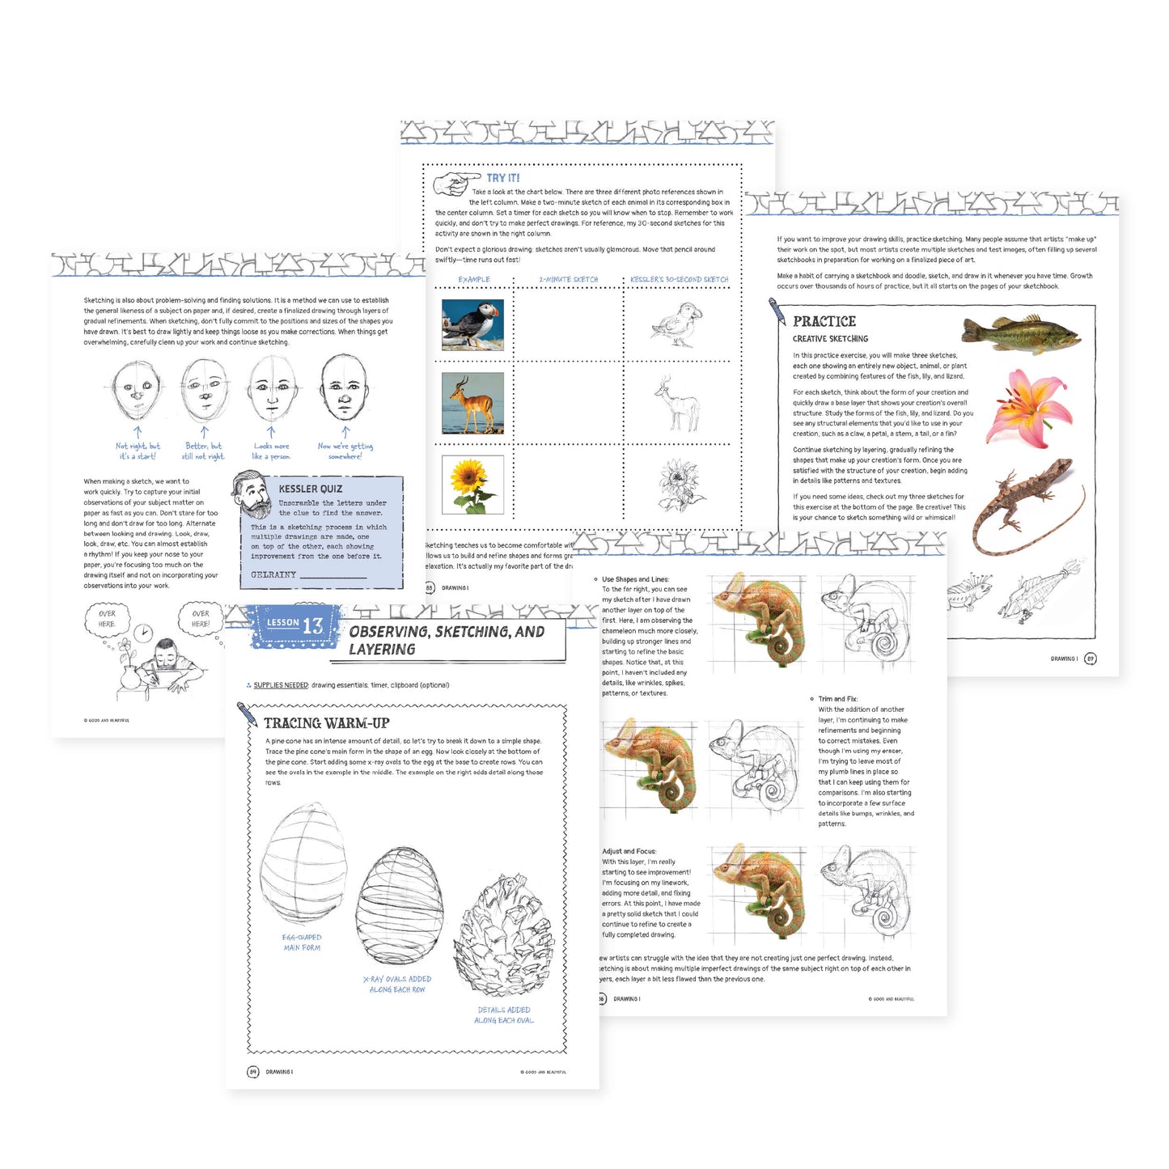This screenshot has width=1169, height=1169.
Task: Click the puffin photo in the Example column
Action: tap(472, 324)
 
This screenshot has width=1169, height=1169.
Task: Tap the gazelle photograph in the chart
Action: tap(472, 403)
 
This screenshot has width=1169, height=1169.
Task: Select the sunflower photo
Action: tap(472, 484)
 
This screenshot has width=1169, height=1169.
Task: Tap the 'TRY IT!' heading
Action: tap(503, 178)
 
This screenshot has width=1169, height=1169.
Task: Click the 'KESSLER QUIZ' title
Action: tap(310, 489)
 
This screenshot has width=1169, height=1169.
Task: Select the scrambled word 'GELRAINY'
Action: tap(273, 574)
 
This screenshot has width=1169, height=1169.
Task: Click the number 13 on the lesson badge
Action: tap(312, 625)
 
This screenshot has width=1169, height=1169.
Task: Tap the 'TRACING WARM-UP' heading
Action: tap(327, 723)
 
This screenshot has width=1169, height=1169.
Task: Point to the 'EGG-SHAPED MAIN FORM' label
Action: tap(302, 942)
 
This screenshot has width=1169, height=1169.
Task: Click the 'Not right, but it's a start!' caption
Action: tap(138, 451)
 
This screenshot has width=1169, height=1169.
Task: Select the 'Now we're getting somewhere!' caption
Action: tap(345, 451)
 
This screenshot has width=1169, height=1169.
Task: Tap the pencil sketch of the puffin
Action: tap(676, 324)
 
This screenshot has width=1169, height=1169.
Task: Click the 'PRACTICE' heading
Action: tap(824, 321)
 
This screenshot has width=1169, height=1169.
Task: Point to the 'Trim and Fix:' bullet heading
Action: tap(837, 699)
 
